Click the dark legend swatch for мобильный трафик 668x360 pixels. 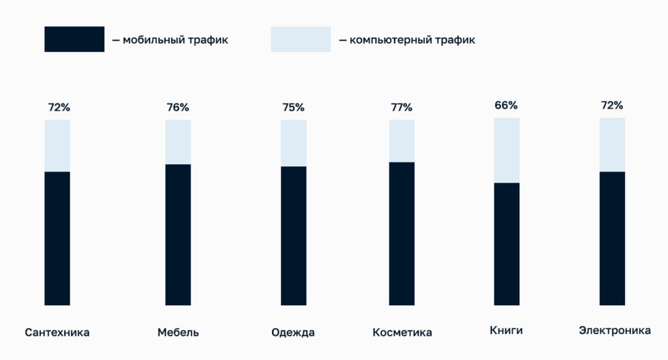point(74,39)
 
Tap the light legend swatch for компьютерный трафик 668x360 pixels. point(301,39)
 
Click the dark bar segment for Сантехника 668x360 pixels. point(57,238)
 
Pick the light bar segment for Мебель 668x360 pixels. point(178,142)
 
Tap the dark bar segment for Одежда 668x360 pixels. point(294,235)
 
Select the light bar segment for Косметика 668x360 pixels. point(402,141)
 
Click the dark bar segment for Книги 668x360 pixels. point(507,243)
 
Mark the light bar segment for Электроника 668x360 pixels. point(612,145)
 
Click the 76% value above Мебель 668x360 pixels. point(178,108)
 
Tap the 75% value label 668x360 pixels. point(294,108)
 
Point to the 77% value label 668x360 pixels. point(402,108)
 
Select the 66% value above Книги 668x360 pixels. point(506,105)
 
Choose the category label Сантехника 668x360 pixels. point(57,333)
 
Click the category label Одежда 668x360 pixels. point(293,333)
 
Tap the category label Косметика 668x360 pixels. point(402,333)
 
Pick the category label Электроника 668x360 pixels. point(615,331)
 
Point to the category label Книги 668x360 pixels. point(506,331)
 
